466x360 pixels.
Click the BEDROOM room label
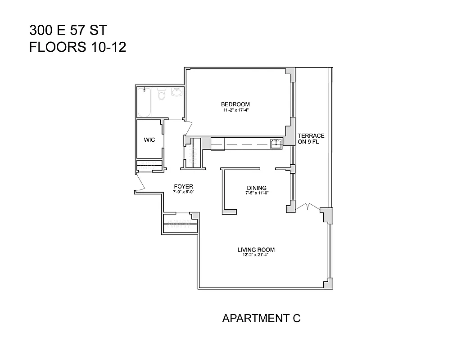click(x=235, y=104)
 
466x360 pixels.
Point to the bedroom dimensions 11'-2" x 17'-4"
click(x=235, y=110)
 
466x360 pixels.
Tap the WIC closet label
click(x=149, y=140)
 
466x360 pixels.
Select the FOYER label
click(x=183, y=186)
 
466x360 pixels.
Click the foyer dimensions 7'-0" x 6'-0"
click(x=183, y=192)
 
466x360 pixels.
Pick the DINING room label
click(x=257, y=188)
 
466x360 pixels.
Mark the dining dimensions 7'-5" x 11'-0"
click(x=257, y=193)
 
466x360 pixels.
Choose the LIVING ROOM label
click(x=256, y=250)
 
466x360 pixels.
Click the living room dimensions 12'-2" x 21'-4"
click(x=256, y=256)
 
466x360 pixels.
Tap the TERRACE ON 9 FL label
click(x=311, y=139)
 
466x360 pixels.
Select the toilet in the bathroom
click(x=162, y=94)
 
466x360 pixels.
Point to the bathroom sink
click(x=176, y=93)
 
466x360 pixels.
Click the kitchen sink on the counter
click(x=275, y=144)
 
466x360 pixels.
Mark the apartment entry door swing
click(x=140, y=182)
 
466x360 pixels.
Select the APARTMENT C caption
click(x=261, y=319)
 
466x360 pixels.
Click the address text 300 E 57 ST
click(x=68, y=31)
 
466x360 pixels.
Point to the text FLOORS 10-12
click(x=77, y=47)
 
